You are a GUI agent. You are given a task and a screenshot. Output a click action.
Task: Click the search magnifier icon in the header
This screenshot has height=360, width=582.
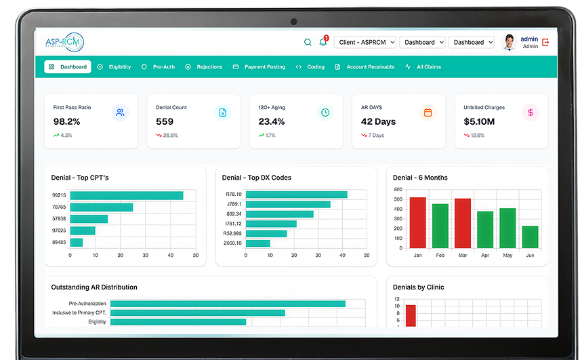click(x=308, y=42)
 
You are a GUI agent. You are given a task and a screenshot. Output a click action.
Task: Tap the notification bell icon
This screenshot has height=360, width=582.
click(x=323, y=42)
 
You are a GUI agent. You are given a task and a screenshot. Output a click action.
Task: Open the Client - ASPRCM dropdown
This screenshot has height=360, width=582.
click(x=364, y=42)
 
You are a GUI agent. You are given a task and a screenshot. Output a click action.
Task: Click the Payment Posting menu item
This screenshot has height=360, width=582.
click(x=259, y=67)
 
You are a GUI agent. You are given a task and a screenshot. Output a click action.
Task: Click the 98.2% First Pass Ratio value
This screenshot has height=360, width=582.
click(x=66, y=121)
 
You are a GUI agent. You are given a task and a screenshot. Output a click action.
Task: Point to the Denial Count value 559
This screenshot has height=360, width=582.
click(x=165, y=121)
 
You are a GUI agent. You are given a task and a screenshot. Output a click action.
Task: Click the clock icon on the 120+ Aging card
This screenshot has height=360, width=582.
click(x=325, y=113)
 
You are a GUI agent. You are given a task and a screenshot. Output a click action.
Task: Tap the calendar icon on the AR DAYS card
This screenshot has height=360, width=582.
click(x=428, y=113)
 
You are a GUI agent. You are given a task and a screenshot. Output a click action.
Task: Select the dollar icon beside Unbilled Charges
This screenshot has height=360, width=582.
click(x=531, y=113)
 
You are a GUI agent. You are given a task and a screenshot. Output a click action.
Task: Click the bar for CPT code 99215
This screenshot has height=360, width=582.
click(x=127, y=195)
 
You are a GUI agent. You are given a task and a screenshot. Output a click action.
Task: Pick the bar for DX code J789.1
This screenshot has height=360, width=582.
click(x=288, y=204)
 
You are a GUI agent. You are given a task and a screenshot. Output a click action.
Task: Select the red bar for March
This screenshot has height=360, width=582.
click(x=463, y=223)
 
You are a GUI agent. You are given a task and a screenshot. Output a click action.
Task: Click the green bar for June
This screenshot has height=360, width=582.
click(x=531, y=237)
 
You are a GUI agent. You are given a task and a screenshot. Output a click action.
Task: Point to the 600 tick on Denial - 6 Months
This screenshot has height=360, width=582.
click(x=398, y=189)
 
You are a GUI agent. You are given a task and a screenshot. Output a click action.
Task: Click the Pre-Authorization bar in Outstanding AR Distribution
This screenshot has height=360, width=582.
click(x=228, y=304)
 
